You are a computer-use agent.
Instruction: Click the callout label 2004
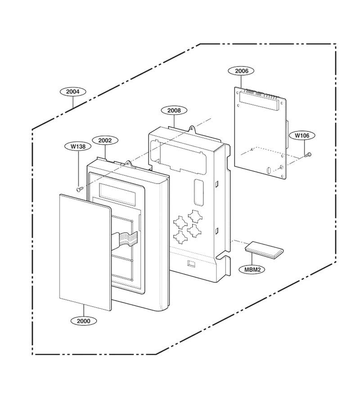72,91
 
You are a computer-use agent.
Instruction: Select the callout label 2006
242,71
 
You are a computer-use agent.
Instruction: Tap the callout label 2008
174,110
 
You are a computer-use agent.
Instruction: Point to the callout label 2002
105,140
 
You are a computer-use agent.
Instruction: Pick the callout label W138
78,146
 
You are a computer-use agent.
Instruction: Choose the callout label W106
302,135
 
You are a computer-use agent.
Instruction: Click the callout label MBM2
252,270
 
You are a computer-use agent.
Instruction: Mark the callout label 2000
84,321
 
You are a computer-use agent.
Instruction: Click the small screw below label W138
79,189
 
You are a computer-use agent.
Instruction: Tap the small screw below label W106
308,155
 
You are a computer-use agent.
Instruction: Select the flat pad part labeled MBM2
264,250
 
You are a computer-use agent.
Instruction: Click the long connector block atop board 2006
259,101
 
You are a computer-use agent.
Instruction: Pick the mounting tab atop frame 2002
128,163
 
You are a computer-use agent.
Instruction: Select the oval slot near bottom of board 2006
268,170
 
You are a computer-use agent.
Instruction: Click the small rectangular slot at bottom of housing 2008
191,263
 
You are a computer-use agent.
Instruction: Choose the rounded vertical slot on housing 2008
198,193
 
